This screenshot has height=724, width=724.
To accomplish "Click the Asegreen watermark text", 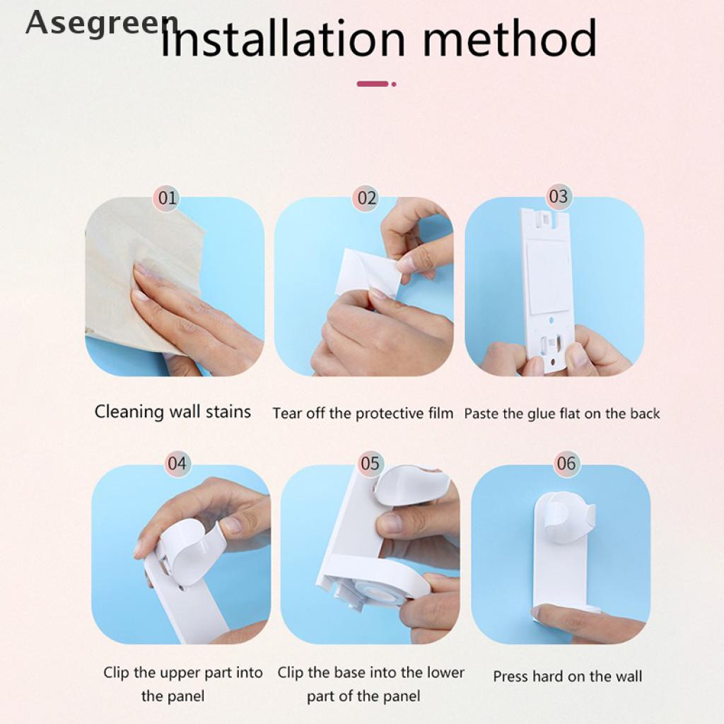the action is coord(102,23).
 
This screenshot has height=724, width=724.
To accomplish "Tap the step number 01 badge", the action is coord(168,198).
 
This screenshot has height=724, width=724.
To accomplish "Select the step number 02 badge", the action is coord(367,198).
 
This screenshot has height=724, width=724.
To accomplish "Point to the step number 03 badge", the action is coord(559,197).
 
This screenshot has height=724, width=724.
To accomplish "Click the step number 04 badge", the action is coord(177,463).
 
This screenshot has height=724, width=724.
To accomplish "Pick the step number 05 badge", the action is coord(370,463).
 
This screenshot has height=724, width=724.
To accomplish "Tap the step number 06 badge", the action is coord(566,463).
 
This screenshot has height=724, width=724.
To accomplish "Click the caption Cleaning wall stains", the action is coord(173,411).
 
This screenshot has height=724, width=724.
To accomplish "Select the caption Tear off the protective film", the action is coord(363,413).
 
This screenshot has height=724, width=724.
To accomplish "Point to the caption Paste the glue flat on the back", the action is coord(562,413).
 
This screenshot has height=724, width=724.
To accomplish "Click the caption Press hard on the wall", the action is coord(568,677).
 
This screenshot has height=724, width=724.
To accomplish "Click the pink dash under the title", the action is coord(376,84).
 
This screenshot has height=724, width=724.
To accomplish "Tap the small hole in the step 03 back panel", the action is coord(551,320).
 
